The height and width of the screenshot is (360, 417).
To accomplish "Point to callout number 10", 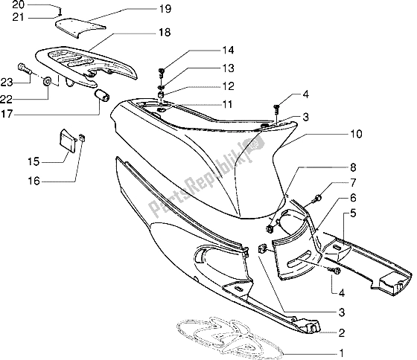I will [x=315, y=135].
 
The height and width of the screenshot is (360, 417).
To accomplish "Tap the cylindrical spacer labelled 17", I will [x=103, y=97].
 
